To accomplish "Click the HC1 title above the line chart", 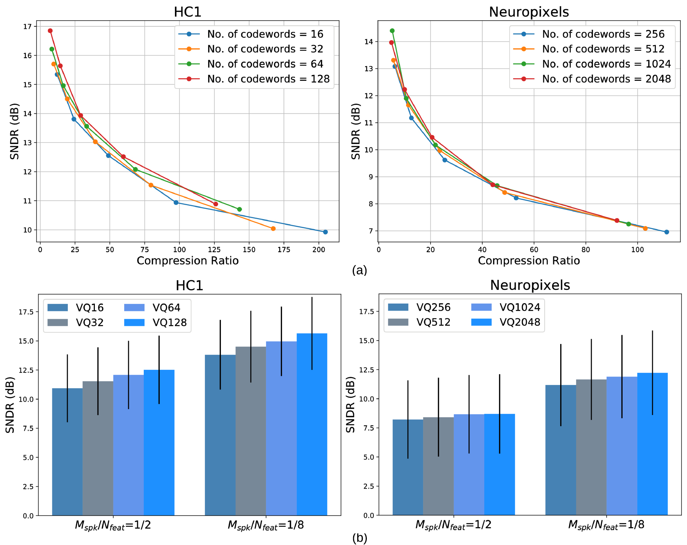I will (187, 12).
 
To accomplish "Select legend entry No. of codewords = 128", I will (268, 79).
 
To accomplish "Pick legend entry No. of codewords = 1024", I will (606, 64).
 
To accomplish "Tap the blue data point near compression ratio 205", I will (325, 232).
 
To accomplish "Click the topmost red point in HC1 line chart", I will (50, 31).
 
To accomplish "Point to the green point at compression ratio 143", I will (239, 209).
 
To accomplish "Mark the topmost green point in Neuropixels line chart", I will (392, 31).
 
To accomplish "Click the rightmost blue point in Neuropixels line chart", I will (667, 232).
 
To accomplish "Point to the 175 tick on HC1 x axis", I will (284, 250).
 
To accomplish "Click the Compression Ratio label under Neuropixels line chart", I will (529, 261).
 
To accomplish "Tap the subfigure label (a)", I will (359, 270).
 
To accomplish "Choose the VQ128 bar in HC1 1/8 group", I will (312, 424).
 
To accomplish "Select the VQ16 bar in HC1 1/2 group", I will (67, 452).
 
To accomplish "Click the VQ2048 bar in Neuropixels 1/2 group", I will (499, 464).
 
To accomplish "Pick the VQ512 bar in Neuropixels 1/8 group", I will (591, 447).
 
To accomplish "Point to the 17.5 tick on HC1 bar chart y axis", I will (26, 312).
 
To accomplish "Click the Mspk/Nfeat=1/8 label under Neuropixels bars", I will (606, 525).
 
